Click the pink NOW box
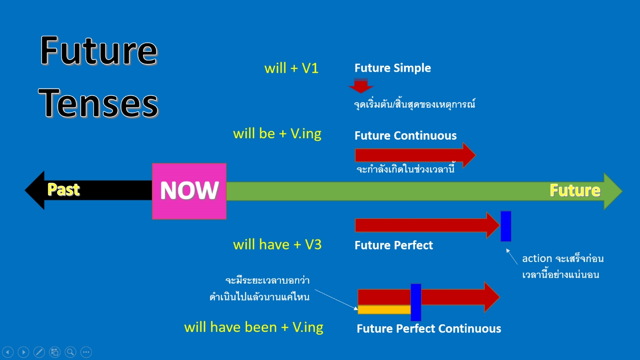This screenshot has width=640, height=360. [x=189, y=191]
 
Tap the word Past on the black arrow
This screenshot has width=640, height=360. [x=63, y=189]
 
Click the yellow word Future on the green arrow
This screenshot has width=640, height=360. [x=575, y=190]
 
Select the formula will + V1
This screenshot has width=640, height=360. [x=291, y=68]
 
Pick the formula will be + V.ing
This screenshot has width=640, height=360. [x=277, y=134]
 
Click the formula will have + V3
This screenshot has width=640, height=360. [x=277, y=245]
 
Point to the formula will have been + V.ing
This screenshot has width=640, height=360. [x=254, y=328]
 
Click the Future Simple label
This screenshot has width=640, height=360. [x=392, y=68]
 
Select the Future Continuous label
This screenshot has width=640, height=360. [x=406, y=135]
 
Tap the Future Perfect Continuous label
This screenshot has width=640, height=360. [x=429, y=329]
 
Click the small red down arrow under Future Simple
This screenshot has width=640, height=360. [x=361, y=86]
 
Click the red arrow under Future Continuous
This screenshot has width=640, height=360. [x=415, y=155]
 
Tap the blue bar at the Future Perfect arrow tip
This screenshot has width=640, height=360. [x=506, y=226]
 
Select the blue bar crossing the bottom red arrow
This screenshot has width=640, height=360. [x=416, y=302]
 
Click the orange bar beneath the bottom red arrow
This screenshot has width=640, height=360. [x=384, y=310]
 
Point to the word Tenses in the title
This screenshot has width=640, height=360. [x=98, y=104]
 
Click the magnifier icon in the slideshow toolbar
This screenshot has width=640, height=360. [x=70, y=352]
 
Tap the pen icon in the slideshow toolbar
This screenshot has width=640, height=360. [x=39, y=352]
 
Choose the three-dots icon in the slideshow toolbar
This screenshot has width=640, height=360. [x=86, y=352]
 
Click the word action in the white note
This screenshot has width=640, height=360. [x=537, y=259]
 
